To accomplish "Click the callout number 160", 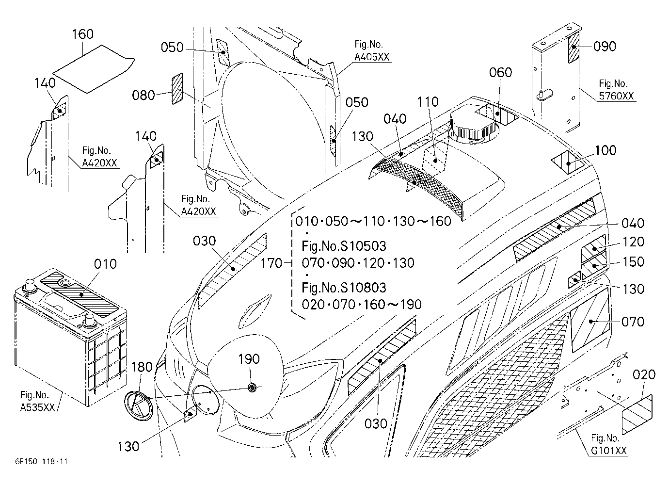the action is click(x=82, y=34).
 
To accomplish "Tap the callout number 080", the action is click(x=143, y=96).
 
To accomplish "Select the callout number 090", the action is click(x=605, y=47).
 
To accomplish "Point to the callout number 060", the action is click(x=500, y=72).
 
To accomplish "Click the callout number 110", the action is click(x=428, y=102).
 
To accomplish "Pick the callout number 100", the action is click(x=605, y=150).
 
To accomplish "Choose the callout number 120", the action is click(x=633, y=242).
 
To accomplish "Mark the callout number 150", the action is click(x=633, y=262).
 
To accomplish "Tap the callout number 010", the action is click(x=105, y=264).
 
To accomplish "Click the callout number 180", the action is click(x=142, y=367).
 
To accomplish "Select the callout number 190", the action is click(x=249, y=358).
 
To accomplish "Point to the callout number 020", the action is click(x=644, y=374).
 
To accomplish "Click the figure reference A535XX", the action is click(x=38, y=407).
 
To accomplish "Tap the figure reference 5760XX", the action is click(x=616, y=96).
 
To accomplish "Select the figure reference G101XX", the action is click(x=609, y=451).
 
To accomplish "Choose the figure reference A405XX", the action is click(x=372, y=57).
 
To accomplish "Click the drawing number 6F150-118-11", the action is click(x=42, y=461).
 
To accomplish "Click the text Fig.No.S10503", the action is click(x=344, y=246).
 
